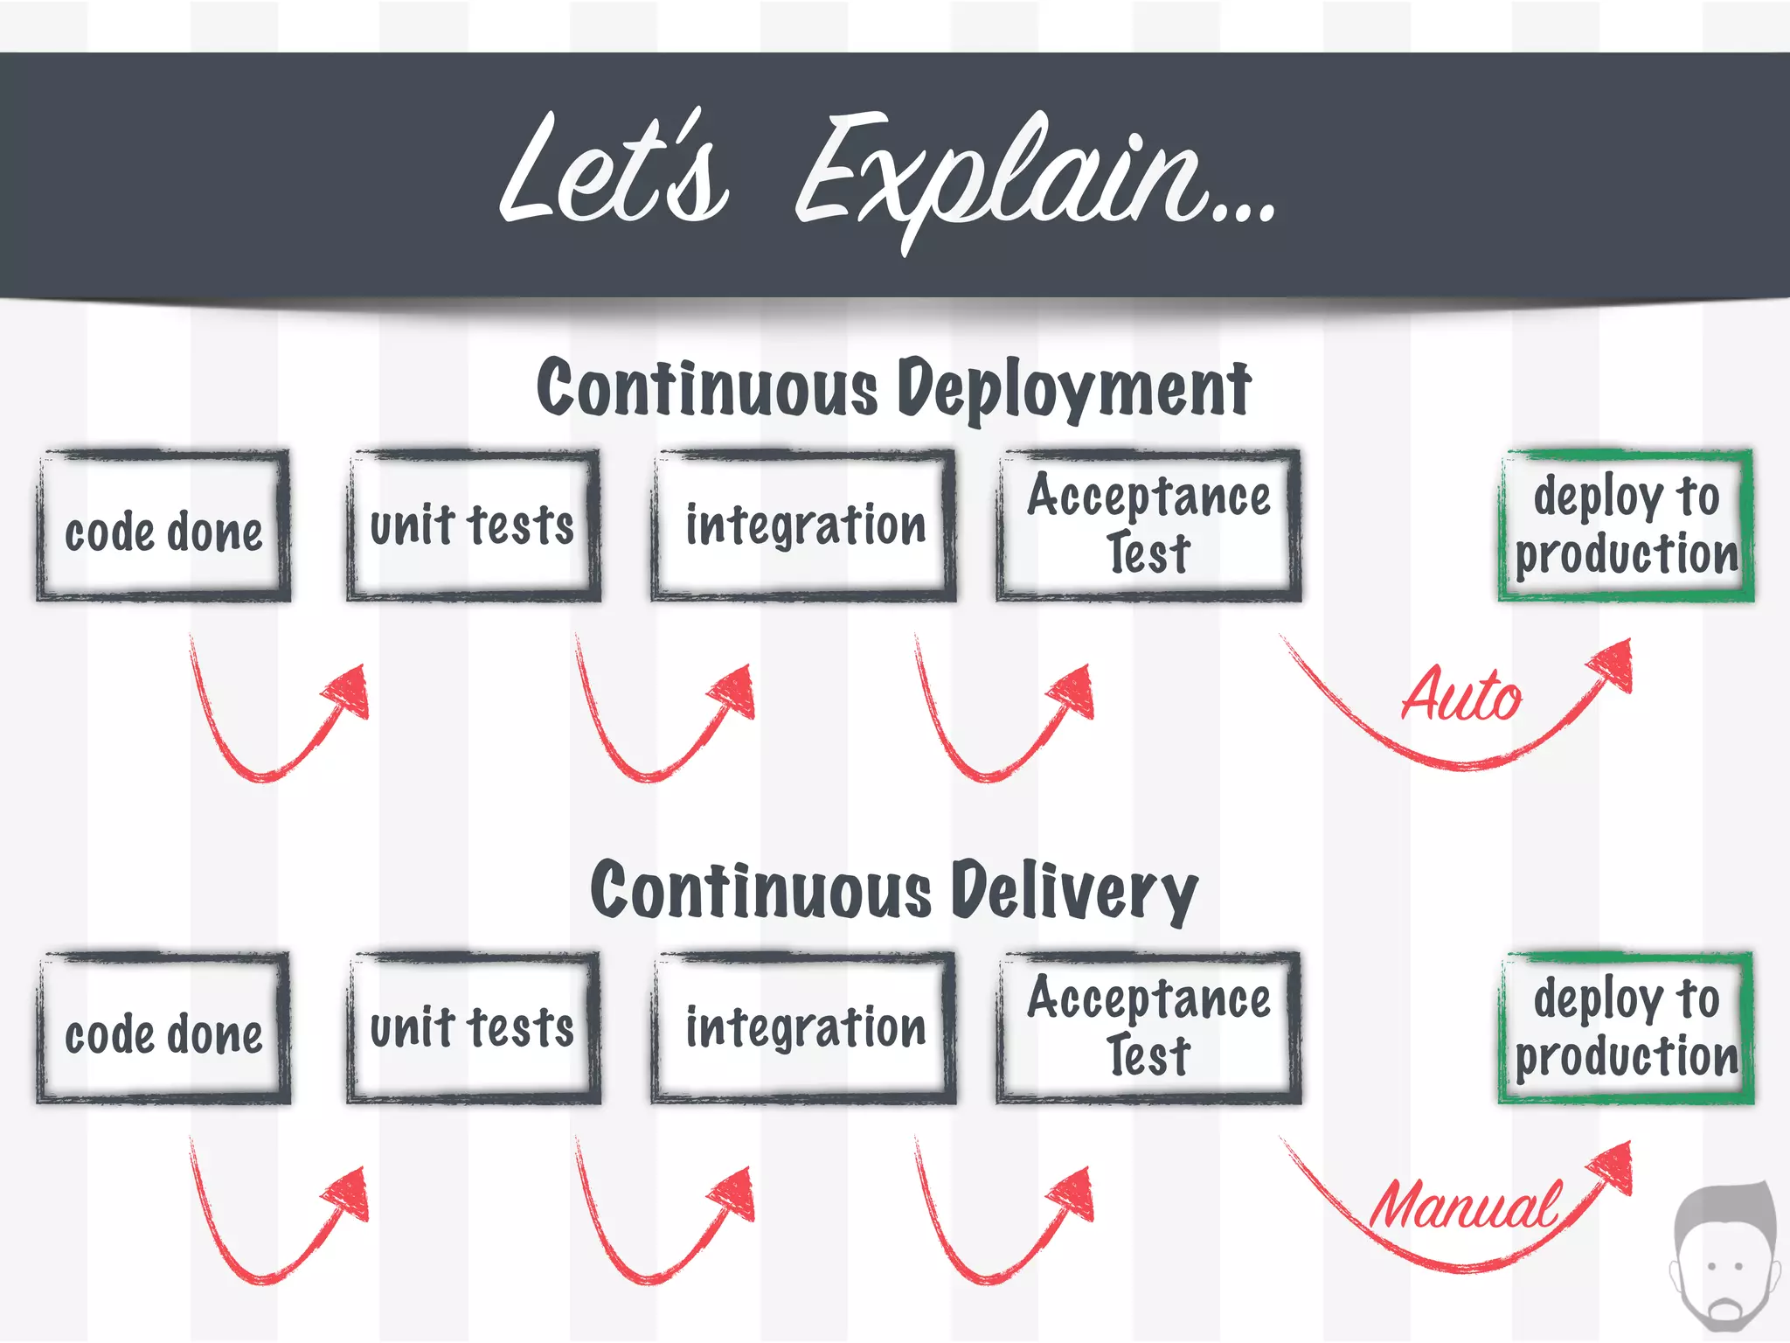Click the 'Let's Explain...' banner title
click(x=887, y=175)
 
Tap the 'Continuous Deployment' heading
click(x=893, y=389)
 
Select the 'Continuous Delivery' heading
click(x=893, y=892)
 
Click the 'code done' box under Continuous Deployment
click(x=163, y=526)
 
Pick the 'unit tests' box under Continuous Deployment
click(x=473, y=526)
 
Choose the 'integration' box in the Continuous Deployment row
click(x=803, y=526)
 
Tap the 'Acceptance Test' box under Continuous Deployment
click(x=1148, y=526)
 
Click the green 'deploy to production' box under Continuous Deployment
click(x=1626, y=526)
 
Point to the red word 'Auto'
click(x=1461, y=695)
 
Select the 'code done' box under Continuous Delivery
click(x=163, y=1029)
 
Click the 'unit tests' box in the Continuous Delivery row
click(x=473, y=1029)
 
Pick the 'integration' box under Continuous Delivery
click(x=803, y=1029)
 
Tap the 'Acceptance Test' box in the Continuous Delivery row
click(x=1148, y=1029)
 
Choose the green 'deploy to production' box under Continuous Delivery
click(x=1626, y=1029)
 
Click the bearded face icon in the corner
click(x=1724, y=1259)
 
